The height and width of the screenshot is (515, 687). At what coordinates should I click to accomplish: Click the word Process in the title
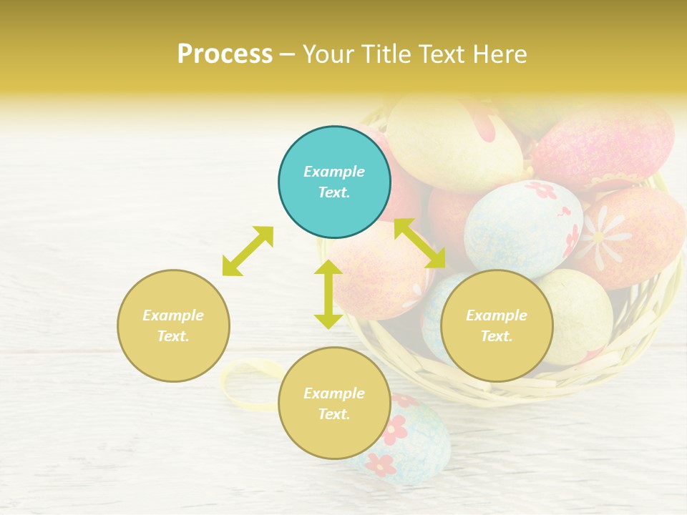[225, 54]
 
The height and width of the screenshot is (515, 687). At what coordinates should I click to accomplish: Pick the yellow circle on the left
[173, 325]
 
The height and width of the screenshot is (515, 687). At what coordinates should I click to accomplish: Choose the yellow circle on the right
[497, 325]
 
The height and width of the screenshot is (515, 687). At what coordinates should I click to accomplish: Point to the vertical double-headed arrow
[328, 294]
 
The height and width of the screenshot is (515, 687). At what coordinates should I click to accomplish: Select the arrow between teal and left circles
[248, 251]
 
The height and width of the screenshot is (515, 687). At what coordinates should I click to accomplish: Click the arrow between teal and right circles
[420, 244]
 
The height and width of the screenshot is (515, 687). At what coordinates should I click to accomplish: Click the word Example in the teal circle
[334, 172]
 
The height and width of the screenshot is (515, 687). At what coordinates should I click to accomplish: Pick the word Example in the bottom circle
[334, 393]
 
